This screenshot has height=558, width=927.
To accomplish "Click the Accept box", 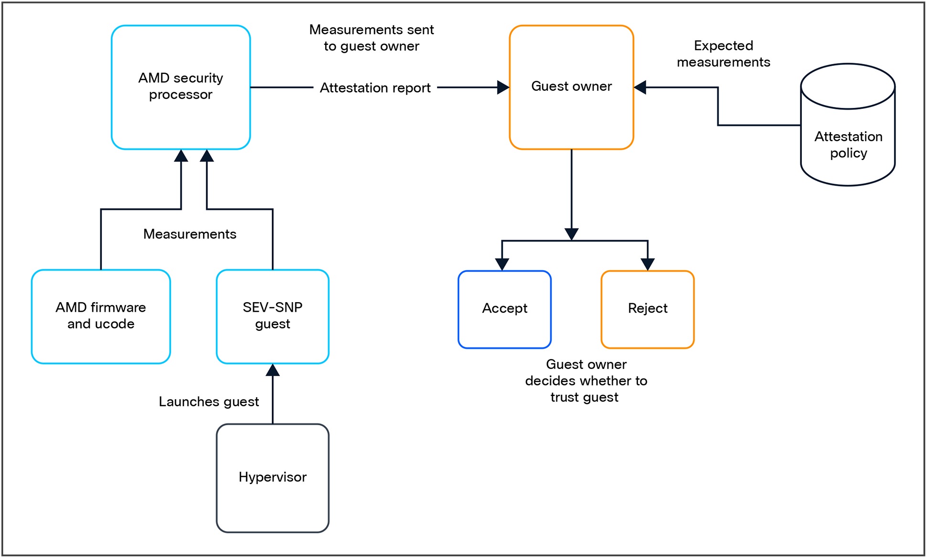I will pos(504,309).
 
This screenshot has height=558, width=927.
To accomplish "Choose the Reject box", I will pos(647,309).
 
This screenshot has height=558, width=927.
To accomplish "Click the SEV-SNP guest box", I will pos(272,316).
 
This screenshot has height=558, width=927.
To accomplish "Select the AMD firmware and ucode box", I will pos(101,316).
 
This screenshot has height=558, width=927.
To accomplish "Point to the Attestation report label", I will pos(375,88).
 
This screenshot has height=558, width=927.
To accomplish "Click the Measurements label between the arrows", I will pos(190,234).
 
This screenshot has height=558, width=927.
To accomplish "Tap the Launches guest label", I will pos(209,401).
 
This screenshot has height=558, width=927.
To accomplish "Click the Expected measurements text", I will pos(723,54).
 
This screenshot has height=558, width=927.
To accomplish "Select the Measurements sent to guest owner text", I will pos(371,38).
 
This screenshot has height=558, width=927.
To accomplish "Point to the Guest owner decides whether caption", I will pos(586,380).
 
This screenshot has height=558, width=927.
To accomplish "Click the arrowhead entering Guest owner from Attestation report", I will pos(503,87).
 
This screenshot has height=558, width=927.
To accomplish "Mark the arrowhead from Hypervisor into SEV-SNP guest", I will pos(272,370).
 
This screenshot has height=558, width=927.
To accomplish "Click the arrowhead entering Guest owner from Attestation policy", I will pos(640,87).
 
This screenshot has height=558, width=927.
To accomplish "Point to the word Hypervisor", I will pos(272,477).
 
